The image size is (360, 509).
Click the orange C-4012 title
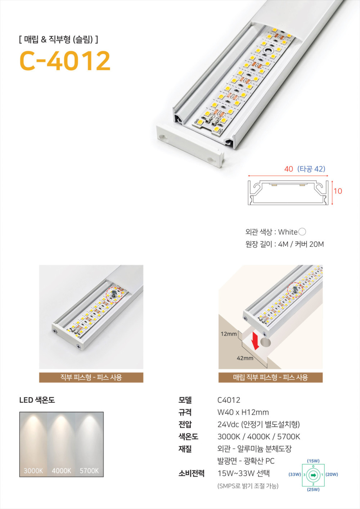(65, 61)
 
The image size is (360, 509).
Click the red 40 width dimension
(289, 169)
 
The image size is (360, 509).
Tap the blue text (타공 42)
(311, 169)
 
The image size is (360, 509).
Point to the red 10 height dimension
(338, 191)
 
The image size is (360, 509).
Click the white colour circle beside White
(302, 232)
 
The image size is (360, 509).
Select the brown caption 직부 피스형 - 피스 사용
(91, 378)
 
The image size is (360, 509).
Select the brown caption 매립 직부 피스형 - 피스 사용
(270, 378)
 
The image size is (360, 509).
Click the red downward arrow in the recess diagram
(255, 340)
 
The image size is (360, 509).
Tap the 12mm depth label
(229, 334)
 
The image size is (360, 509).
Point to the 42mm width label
(245, 358)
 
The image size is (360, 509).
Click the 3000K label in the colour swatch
(33, 470)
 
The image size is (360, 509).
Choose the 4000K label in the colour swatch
(61, 470)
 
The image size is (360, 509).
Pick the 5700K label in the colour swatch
(89, 470)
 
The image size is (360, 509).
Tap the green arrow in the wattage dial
(314, 476)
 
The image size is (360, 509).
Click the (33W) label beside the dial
(295, 474)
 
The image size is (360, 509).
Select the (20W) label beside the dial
(332, 474)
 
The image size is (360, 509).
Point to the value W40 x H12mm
(243, 412)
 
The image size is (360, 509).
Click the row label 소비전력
(192, 474)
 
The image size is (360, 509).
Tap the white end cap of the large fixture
(190, 146)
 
